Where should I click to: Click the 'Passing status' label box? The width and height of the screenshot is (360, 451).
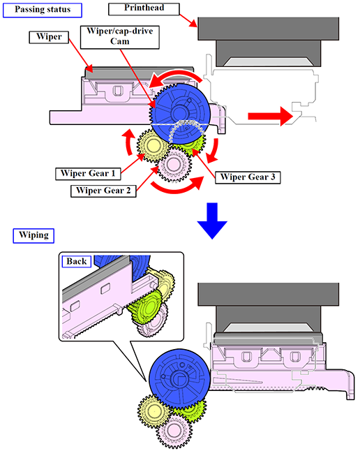tap(43, 10)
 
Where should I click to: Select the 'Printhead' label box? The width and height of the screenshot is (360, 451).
tap(144, 8)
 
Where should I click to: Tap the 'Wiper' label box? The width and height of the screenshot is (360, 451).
tap(49, 37)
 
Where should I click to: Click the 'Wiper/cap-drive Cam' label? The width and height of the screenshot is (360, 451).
tap(119, 37)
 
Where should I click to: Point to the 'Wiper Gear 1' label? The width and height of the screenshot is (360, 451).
tap(88, 174)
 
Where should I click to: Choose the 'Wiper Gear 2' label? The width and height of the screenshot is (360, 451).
tap(103, 191)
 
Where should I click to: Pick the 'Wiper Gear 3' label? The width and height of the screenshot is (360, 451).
tap(248, 177)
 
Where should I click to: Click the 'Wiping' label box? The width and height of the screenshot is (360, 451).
tap(33, 235)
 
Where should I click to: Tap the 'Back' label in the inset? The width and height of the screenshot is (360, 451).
tap(77, 261)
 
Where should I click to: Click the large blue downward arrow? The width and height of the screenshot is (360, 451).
tap(212, 220)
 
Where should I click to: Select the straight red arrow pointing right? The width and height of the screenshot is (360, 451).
tap(270, 116)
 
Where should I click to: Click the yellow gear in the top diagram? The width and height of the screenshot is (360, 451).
tap(152, 145)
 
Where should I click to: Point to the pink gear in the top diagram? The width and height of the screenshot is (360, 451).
tap(174, 165)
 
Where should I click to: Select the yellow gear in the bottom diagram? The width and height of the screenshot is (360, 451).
tap(153, 411)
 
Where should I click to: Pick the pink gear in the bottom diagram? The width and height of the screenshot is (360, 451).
tap(174, 431)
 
